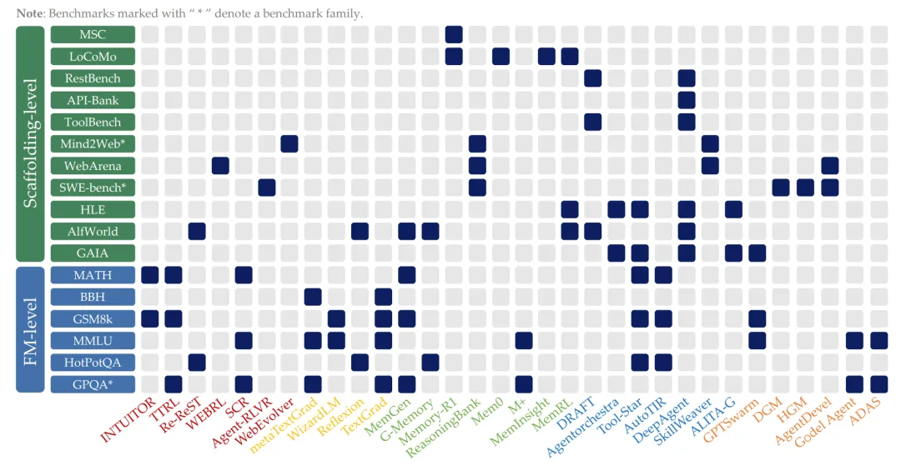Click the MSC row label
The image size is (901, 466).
point(93,34)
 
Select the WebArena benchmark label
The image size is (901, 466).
point(93,166)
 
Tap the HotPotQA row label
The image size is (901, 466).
point(93,362)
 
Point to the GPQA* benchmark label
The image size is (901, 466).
point(93,384)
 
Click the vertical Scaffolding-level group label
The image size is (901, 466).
point(30,143)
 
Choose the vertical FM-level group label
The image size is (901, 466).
point(30,329)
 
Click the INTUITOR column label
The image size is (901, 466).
point(128,420)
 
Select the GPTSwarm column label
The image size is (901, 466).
point(729,419)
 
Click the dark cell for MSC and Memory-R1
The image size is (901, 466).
point(454,34)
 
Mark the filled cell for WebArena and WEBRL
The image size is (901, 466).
point(220,166)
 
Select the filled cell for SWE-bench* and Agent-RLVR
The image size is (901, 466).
point(267,188)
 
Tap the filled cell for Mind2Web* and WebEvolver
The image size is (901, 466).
point(289,143)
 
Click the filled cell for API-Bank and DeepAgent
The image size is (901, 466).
point(687,100)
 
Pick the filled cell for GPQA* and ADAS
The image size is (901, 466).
point(879,384)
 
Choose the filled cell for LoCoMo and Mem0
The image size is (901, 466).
point(501,56)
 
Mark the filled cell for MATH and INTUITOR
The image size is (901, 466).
point(150,275)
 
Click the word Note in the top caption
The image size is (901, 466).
point(29,13)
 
